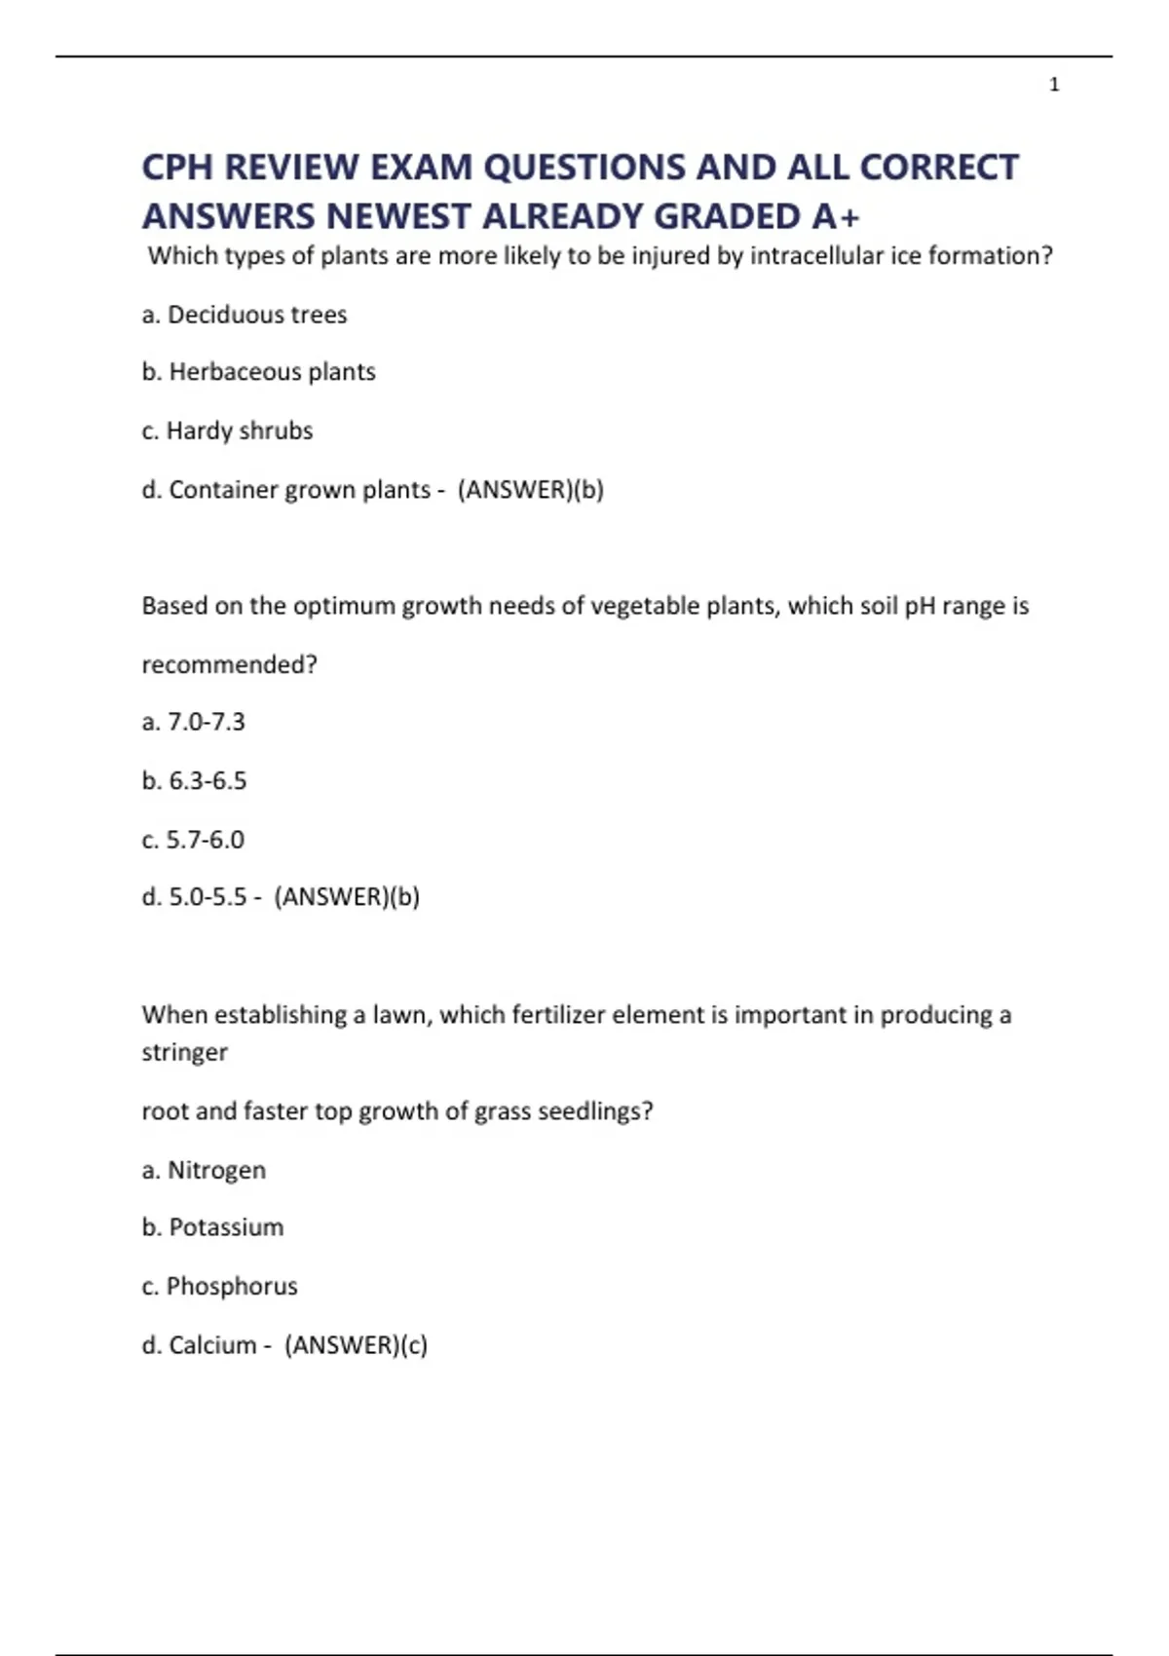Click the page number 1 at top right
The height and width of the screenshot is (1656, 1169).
(1054, 86)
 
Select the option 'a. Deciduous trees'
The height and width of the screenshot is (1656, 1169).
(245, 315)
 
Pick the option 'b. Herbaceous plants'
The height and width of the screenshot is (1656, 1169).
(258, 372)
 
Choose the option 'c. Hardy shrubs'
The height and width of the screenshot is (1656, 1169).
(227, 431)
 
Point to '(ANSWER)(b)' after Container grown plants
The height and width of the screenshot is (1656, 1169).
(530, 489)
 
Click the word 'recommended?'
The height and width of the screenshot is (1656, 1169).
(230, 664)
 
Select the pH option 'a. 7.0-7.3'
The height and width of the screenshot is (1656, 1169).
(193, 722)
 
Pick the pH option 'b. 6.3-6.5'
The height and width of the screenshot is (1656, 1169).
(194, 780)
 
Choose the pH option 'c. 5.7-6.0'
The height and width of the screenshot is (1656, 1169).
(193, 839)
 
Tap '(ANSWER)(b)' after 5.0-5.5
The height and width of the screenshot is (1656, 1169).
(347, 896)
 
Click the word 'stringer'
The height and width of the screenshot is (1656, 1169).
(184, 1052)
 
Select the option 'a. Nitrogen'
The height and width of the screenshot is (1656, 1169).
(204, 1169)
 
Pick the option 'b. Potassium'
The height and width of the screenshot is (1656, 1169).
(212, 1227)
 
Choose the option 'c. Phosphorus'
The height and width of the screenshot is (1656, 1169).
(219, 1286)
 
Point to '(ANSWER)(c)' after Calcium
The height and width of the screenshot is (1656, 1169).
(356, 1344)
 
